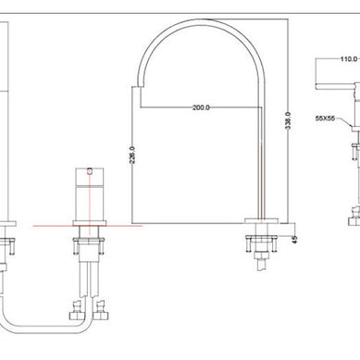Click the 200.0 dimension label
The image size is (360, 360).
coord(201,107)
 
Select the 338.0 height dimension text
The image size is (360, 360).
coord(288,120)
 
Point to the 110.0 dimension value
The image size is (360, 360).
coord(349,59)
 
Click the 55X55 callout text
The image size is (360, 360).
coord(325,118)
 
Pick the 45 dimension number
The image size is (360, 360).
coord(295,240)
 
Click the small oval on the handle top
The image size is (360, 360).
coord(90,170)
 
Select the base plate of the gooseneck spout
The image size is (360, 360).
coord(262,220)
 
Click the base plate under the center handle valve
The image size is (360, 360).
coord(90,223)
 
